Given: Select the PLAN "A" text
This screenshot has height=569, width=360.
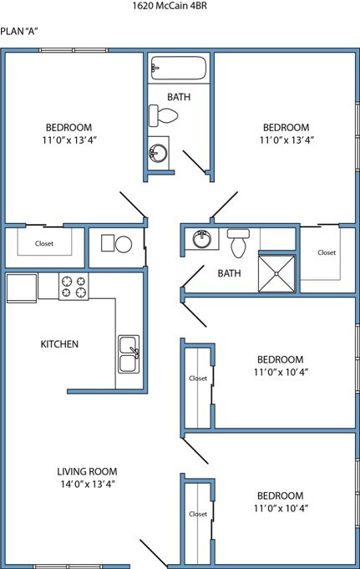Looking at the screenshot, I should pyautogui.click(x=20, y=31).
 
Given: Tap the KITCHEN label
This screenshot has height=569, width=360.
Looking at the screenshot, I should pyautogui.click(x=59, y=343).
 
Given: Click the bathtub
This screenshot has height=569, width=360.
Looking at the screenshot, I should pyautogui.click(x=177, y=69).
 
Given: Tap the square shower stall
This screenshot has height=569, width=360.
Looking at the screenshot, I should pyautogui.click(x=277, y=272).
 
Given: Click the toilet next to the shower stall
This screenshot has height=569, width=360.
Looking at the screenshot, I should pyautogui.click(x=237, y=243).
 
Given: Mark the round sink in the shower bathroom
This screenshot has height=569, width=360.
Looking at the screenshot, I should pyautogui.click(x=201, y=240).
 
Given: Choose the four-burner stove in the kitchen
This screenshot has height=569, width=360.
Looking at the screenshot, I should pyautogui.click(x=74, y=287).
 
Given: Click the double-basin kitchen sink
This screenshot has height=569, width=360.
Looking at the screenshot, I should pyautogui.click(x=129, y=354).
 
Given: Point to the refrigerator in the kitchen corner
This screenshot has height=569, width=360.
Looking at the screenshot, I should pyautogui.click(x=21, y=287).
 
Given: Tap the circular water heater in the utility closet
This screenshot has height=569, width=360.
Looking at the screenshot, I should pyautogui.click(x=124, y=244).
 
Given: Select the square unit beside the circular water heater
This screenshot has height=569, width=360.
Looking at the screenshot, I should pyautogui.click(x=108, y=243).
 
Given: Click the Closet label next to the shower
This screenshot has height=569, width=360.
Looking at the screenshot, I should pyautogui.click(x=326, y=252).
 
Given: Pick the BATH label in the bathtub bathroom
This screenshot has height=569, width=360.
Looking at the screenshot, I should pyautogui.click(x=178, y=97).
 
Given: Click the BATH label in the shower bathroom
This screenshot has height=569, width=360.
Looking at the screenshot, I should pyautogui.click(x=229, y=273).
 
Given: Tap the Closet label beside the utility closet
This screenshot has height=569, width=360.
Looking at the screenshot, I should pyautogui.click(x=44, y=244).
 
